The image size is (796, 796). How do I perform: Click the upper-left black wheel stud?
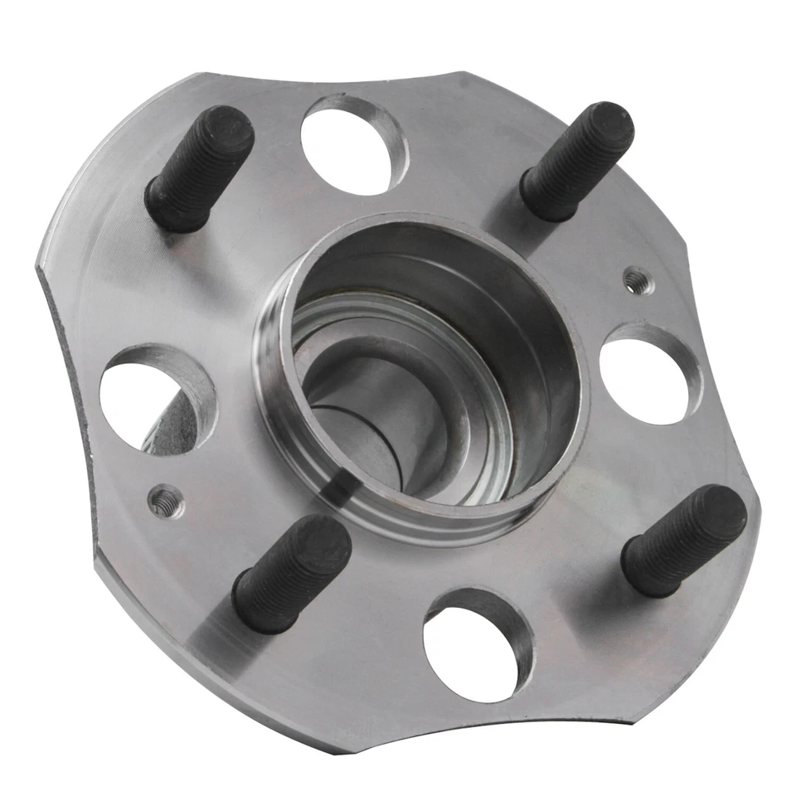tap(199, 170)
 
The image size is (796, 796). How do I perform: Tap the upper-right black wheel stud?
tap(577, 161)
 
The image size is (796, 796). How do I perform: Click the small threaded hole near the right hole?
tap(637, 281)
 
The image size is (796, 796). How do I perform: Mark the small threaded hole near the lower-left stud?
tap(166, 500)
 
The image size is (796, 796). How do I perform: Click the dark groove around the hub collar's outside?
tap(332, 489)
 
